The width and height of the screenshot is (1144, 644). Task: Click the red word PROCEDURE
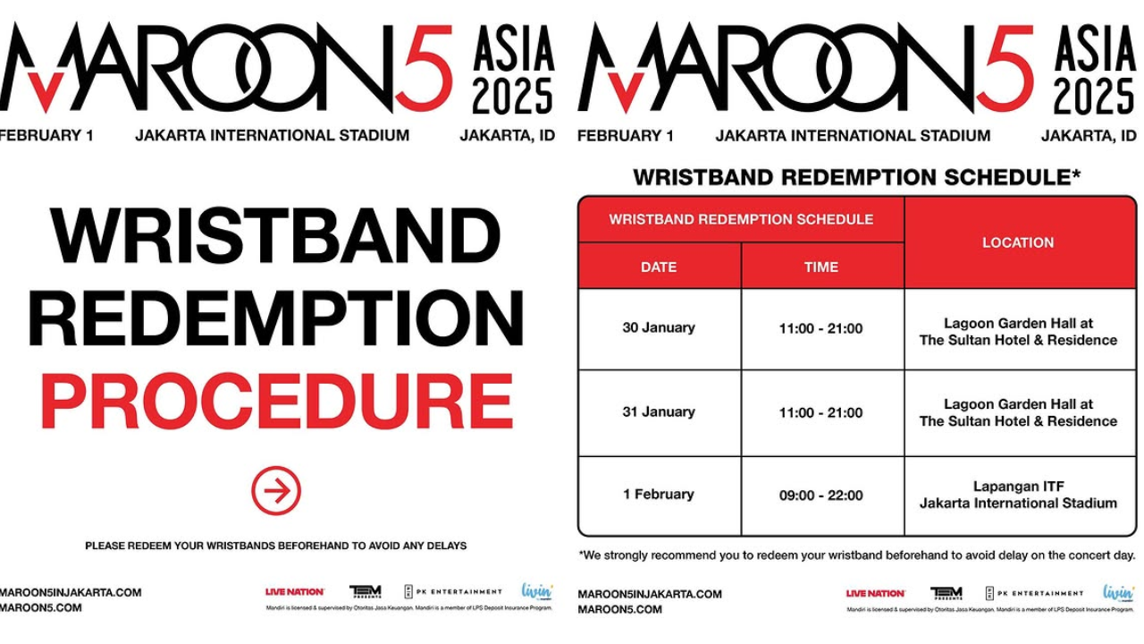(276, 402)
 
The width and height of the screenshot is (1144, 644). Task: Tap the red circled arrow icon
(276, 491)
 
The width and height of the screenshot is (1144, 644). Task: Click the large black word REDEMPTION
(276, 318)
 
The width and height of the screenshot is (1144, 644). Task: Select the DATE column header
(659, 267)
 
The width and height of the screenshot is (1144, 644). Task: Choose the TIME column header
(821, 267)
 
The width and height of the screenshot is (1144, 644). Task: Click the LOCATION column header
(1018, 242)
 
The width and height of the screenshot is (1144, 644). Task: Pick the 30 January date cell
(659, 328)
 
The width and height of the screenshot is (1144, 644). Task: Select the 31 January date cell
(659, 412)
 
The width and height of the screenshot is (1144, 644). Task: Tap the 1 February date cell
(659, 495)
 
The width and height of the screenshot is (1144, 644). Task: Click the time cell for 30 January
(821, 328)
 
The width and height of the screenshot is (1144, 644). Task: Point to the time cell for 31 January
(821, 412)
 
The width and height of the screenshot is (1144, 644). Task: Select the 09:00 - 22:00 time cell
(821, 495)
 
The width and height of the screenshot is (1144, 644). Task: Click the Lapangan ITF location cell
(1018, 495)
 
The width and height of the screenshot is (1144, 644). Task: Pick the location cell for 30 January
(1018, 332)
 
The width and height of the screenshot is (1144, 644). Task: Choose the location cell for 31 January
(1018, 412)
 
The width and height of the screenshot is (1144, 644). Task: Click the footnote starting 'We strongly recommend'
(856, 555)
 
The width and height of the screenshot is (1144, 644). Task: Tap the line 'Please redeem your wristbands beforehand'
(276, 545)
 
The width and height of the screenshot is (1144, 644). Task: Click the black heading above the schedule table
(856, 177)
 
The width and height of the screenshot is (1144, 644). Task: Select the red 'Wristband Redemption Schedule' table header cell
(741, 219)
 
